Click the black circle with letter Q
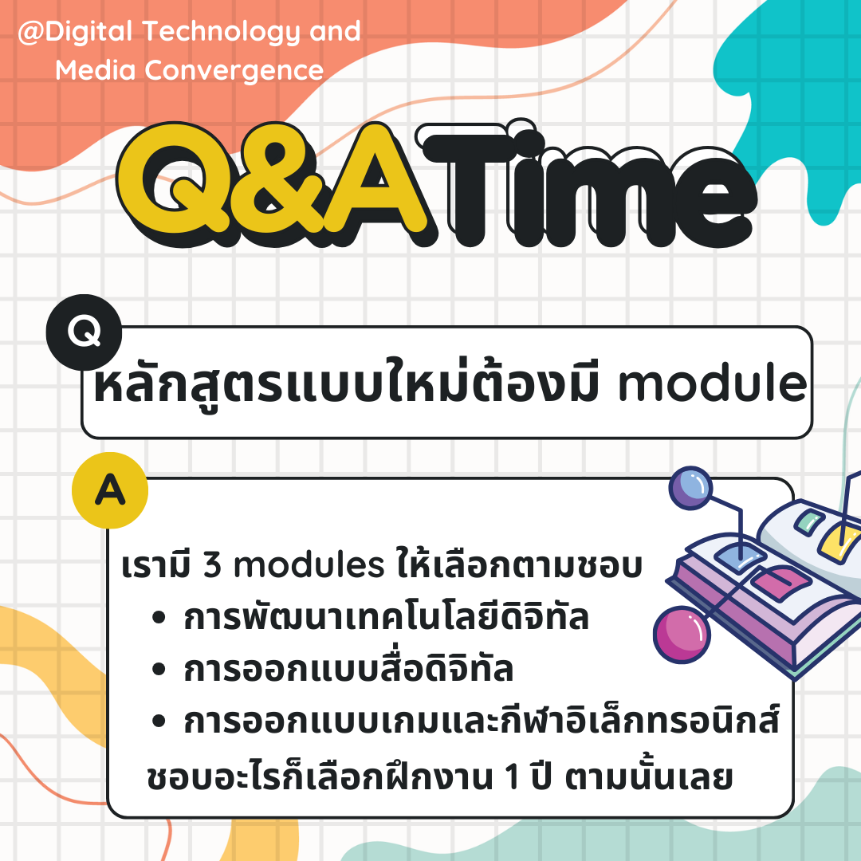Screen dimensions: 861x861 click(x=84, y=332)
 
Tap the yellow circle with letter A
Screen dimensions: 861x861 click(x=110, y=489)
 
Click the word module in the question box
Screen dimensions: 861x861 click(x=713, y=383)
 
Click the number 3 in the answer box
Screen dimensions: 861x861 click(x=212, y=565)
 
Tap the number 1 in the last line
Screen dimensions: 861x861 click(x=512, y=777)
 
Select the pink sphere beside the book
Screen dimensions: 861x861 click(x=682, y=635)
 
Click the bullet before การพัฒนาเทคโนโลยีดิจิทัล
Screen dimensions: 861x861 click(x=159, y=619)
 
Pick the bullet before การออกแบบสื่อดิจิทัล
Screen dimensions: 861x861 click(x=159, y=670)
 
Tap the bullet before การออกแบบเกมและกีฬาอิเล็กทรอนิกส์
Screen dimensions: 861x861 click(x=159, y=721)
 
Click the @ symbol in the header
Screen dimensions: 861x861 click(x=31, y=33)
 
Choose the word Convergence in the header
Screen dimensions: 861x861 click(x=234, y=70)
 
